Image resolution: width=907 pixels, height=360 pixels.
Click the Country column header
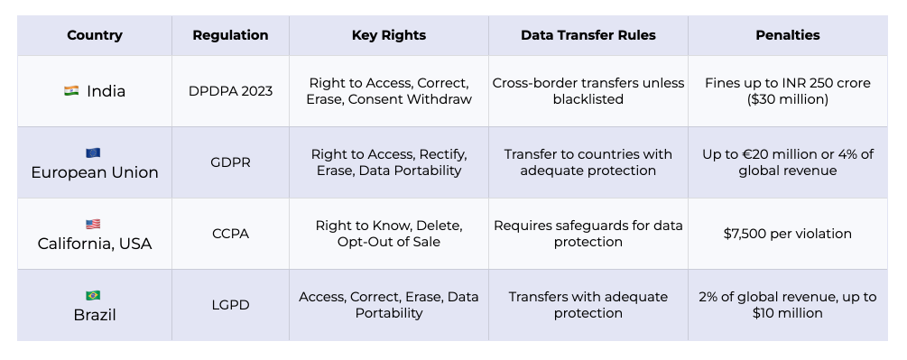[94, 35]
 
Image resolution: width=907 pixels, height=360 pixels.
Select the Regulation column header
[230, 35]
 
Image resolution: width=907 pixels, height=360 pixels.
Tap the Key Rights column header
[389, 35]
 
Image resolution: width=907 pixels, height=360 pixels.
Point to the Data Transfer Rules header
[588, 35]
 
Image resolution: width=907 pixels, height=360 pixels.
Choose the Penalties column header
[787, 35]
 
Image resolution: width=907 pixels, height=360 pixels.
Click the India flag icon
[71, 91]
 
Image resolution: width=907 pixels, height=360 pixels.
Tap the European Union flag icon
[93, 152]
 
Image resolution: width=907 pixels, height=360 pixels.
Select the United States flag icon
[93, 224]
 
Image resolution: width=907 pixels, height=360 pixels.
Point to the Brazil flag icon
[93, 295]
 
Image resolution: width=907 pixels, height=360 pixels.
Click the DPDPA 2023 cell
[230, 91]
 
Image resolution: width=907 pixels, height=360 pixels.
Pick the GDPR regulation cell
[230, 162]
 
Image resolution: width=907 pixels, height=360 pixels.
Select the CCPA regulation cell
[230, 234]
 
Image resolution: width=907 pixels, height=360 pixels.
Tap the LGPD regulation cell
[230, 305]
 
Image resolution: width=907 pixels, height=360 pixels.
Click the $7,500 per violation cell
[787, 234]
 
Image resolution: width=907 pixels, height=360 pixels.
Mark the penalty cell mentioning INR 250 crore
[787, 91]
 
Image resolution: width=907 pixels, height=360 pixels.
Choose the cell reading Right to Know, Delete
[389, 234]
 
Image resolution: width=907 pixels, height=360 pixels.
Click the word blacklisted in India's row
[588, 99]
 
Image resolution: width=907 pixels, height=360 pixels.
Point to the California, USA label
[95, 244]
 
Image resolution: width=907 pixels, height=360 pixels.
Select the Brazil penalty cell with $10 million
[787, 305]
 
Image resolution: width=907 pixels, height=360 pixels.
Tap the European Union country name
[95, 172]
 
